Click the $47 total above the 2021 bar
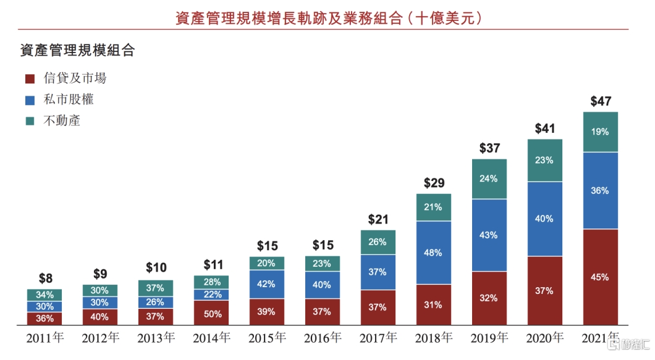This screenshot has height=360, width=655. pyautogui.click(x=601, y=101)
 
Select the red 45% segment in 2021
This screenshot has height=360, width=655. pyautogui.click(x=601, y=277)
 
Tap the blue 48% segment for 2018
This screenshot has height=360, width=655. pyautogui.click(x=433, y=253)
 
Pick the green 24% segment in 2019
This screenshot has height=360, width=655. pyautogui.click(x=489, y=178)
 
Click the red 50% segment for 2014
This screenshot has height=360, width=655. pyautogui.click(x=211, y=314)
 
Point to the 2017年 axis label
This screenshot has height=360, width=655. pyautogui.click(x=378, y=338)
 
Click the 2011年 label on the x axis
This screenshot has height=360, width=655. pyautogui.click(x=44, y=338)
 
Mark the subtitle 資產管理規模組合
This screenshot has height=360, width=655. pyautogui.click(x=77, y=51)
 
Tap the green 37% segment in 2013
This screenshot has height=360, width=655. pyautogui.click(x=156, y=288)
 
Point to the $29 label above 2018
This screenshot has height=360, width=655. pyautogui.click(x=433, y=183)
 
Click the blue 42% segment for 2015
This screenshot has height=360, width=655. pyautogui.click(x=267, y=284)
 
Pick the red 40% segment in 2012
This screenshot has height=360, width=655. pyautogui.click(x=100, y=317)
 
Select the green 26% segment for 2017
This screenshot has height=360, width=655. pyautogui.click(x=378, y=241)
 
